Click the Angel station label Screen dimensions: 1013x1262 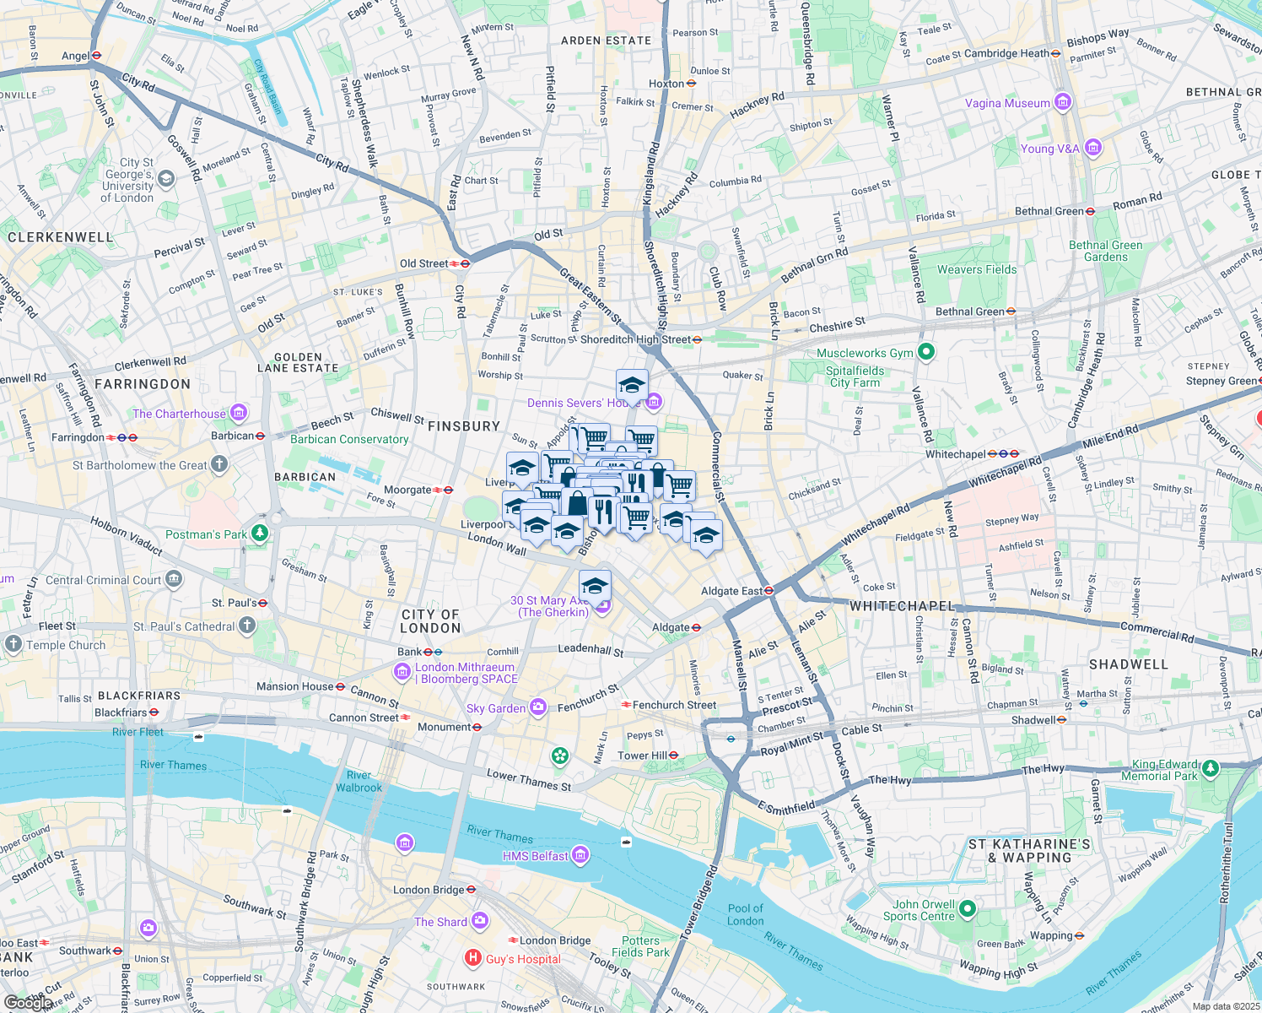[75, 56]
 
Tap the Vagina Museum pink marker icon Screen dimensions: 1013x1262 [1063, 103]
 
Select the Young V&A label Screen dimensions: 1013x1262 [1049, 149]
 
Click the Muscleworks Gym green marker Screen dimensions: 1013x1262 [926, 352]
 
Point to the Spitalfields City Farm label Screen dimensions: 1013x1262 [855, 376]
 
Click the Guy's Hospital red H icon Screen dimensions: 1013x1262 [473, 958]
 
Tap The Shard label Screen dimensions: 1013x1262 [440, 922]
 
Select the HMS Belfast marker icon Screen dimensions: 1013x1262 [580, 855]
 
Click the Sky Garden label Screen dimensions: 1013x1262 [496, 708]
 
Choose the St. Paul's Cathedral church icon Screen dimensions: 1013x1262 [247, 626]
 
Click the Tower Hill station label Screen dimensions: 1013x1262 [642, 756]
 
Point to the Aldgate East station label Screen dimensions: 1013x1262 [731, 591]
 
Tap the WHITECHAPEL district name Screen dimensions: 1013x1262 [902, 606]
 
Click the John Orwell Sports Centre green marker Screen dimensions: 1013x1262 [968, 908]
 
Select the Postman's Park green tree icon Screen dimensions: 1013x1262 [260, 534]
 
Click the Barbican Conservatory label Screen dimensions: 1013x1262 [349, 439]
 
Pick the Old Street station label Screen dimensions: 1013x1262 [423, 263]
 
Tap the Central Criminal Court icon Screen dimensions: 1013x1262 [174, 579]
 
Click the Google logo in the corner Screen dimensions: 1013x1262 [27, 1002]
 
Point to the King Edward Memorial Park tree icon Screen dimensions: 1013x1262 [1211, 768]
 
